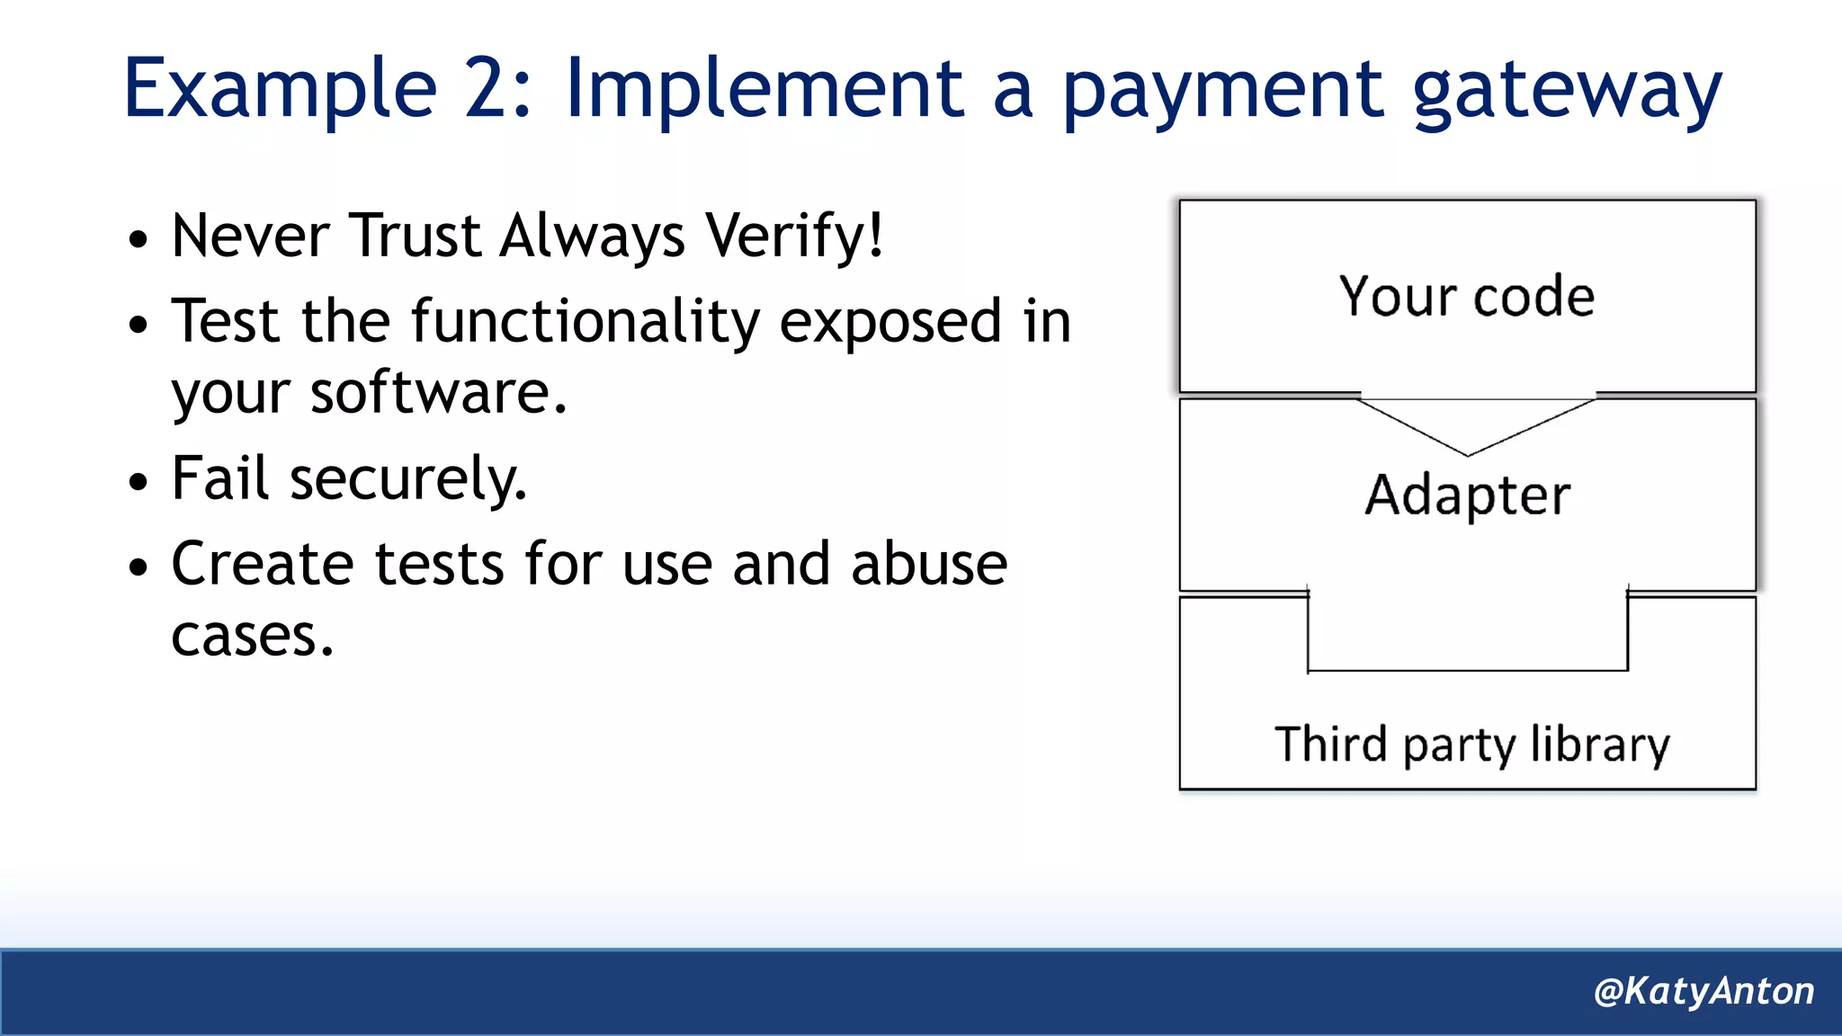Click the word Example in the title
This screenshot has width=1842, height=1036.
pyautogui.click(x=280, y=90)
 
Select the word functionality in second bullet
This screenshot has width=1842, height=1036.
pyautogui.click(x=585, y=322)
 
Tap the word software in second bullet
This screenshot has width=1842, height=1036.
pyautogui.click(x=437, y=394)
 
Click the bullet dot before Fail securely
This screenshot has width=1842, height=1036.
pyautogui.click(x=138, y=482)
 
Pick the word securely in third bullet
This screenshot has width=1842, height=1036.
pyautogui.click(x=407, y=479)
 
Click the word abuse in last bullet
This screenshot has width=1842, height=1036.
pyautogui.click(x=928, y=565)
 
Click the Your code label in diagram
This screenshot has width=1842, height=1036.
pyautogui.click(x=1466, y=297)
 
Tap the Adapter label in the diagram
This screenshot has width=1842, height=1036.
pyautogui.click(x=1467, y=496)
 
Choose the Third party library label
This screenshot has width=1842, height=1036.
pyautogui.click(x=1471, y=746)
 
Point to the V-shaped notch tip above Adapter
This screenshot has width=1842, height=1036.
pyautogui.click(x=1467, y=454)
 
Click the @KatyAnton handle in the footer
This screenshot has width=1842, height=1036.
pyautogui.click(x=1703, y=991)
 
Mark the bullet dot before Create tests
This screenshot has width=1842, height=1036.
pyautogui.click(x=138, y=567)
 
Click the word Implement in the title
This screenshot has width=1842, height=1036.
pyautogui.click(x=764, y=90)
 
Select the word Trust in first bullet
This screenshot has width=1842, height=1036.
pyautogui.click(x=415, y=237)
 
